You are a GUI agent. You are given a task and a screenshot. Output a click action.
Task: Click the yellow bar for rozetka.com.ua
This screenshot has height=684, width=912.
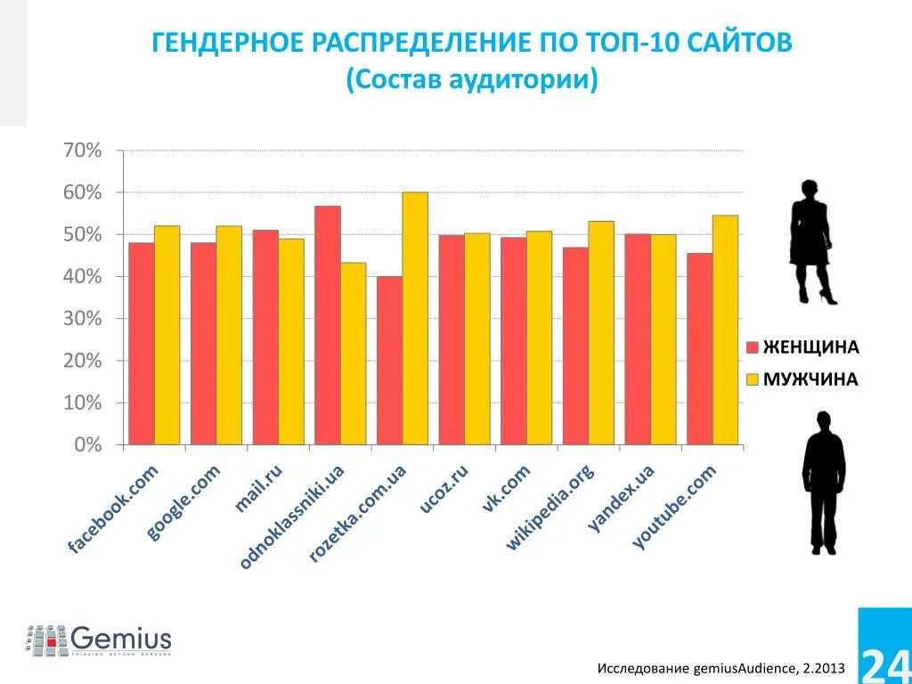415,318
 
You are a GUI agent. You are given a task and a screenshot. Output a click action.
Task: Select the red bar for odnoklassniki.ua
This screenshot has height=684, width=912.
327,325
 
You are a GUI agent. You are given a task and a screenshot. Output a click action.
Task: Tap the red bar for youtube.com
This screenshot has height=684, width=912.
699,348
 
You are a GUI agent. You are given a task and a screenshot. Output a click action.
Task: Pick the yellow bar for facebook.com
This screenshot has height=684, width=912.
167,335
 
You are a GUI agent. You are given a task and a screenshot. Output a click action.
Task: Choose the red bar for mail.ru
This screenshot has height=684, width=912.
265,337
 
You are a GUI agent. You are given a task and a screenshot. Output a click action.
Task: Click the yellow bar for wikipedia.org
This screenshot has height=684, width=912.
600,332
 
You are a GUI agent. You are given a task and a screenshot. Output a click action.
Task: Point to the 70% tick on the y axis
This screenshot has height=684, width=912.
82,151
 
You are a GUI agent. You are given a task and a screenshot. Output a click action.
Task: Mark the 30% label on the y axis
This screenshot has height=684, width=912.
82,319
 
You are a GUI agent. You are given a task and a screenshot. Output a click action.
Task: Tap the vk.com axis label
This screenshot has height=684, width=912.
506,488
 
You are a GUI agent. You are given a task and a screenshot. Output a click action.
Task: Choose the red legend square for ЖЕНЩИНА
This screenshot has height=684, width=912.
752,346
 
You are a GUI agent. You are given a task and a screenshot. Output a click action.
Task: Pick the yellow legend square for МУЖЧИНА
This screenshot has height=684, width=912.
752,379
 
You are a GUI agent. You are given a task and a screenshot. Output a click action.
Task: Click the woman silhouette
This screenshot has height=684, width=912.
811,241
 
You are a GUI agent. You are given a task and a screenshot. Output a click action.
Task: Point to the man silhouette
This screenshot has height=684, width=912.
823,482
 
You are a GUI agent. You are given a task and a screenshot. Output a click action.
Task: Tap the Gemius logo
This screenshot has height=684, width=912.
99,639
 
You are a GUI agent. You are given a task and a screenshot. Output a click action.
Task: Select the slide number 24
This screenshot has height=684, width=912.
884,662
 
